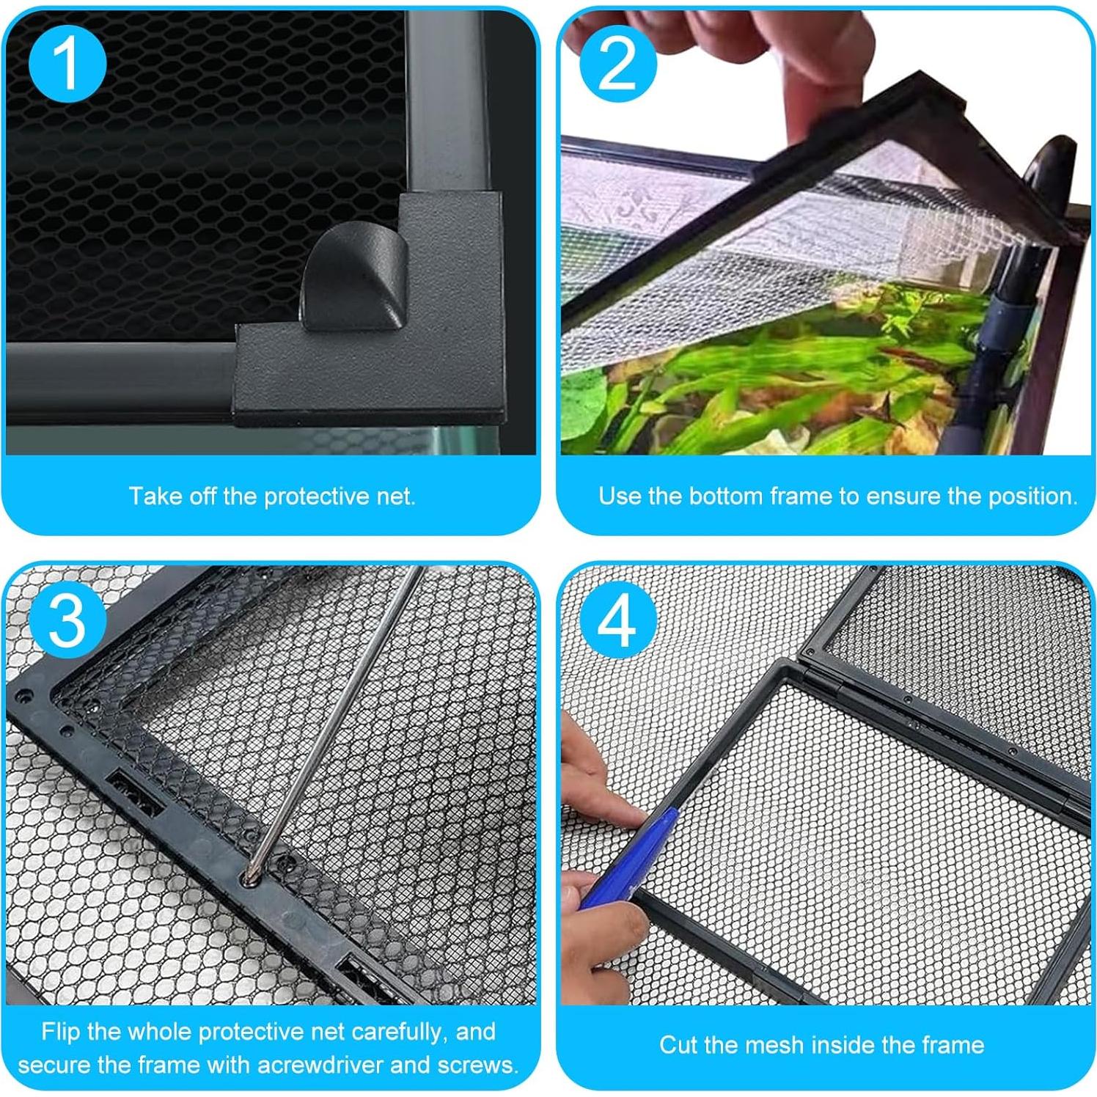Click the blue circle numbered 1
click(x=67, y=64)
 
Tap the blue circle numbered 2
click(x=617, y=64)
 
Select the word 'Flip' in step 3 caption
click(x=61, y=1032)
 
